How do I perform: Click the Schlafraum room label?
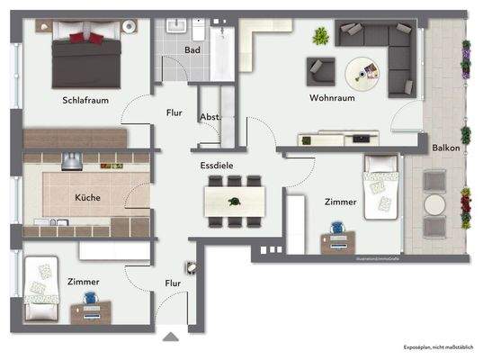pyautogui.click(x=85, y=100)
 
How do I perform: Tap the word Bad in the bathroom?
pyautogui.click(x=192, y=51)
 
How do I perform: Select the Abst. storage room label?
pyautogui.click(x=210, y=116)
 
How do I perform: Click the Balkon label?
pyautogui.click(x=446, y=147)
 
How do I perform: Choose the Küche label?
pyautogui.click(x=87, y=197)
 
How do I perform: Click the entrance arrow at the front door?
pyautogui.click(x=173, y=338)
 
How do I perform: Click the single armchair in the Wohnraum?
pyautogui.click(x=320, y=68)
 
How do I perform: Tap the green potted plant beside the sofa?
pyautogui.click(x=319, y=36)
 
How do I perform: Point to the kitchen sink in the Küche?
pyautogui.click(x=49, y=221)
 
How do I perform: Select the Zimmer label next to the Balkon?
pyautogui.click(x=340, y=202)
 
